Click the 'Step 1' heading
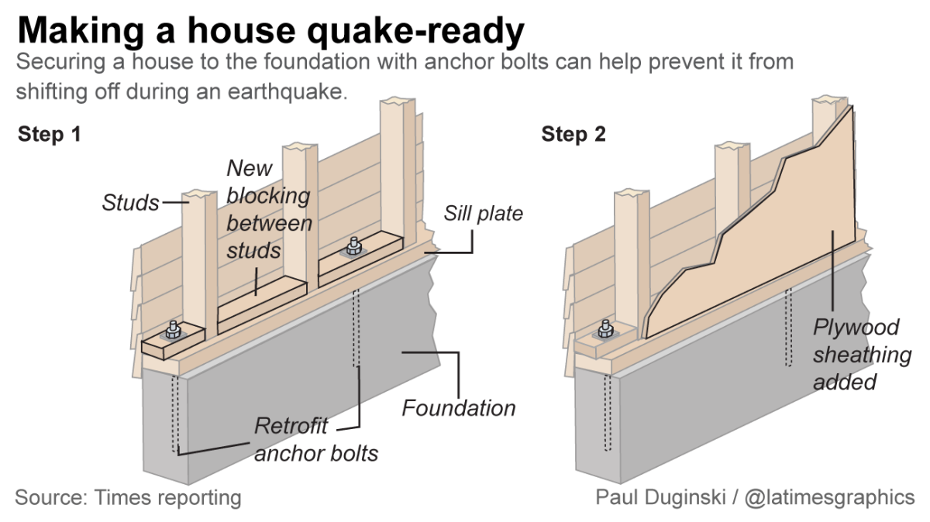[x=50, y=134]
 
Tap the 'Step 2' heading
[x=573, y=134]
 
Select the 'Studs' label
[x=130, y=202]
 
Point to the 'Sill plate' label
[x=484, y=213]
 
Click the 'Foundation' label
[x=459, y=408]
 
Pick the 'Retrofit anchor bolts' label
[x=316, y=439]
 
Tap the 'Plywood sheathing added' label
[x=863, y=355]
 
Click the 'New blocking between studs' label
[x=269, y=209]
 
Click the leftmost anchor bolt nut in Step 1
[x=173, y=330]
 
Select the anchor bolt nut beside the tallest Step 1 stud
[x=353, y=246]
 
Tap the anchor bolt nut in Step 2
[x=605, y=329]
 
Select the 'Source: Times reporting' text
[x=128, y=497]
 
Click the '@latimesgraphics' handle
[x=829, y=497]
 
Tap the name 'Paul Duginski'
[x=660, y=497]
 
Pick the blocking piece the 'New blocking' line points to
[x=263, y=304]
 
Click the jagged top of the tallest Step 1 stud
[x=398, y=101]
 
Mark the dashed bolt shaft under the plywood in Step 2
[x=788, y=328]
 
